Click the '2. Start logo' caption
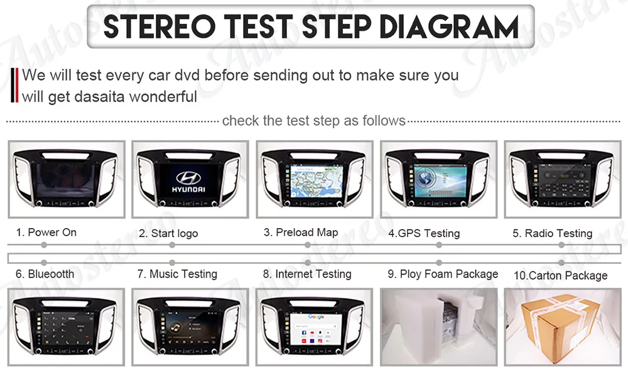click(x=168, y=233)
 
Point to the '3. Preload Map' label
click(x=301, y=233)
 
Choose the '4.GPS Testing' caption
click(x=424, y=233)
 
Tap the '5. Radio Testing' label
click(x=552, y=233)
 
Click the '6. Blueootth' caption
click(x=45, y=274)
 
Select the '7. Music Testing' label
click(x=177, y=274)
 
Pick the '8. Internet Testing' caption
click(x=307, y=274)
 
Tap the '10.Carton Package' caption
click(x=560, y=275)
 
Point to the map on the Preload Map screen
click(x=313, y=179)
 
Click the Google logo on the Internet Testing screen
click(x=316, y=317)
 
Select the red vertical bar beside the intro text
click(x=16, y=85)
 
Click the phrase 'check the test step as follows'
click(x=313, y=120)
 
